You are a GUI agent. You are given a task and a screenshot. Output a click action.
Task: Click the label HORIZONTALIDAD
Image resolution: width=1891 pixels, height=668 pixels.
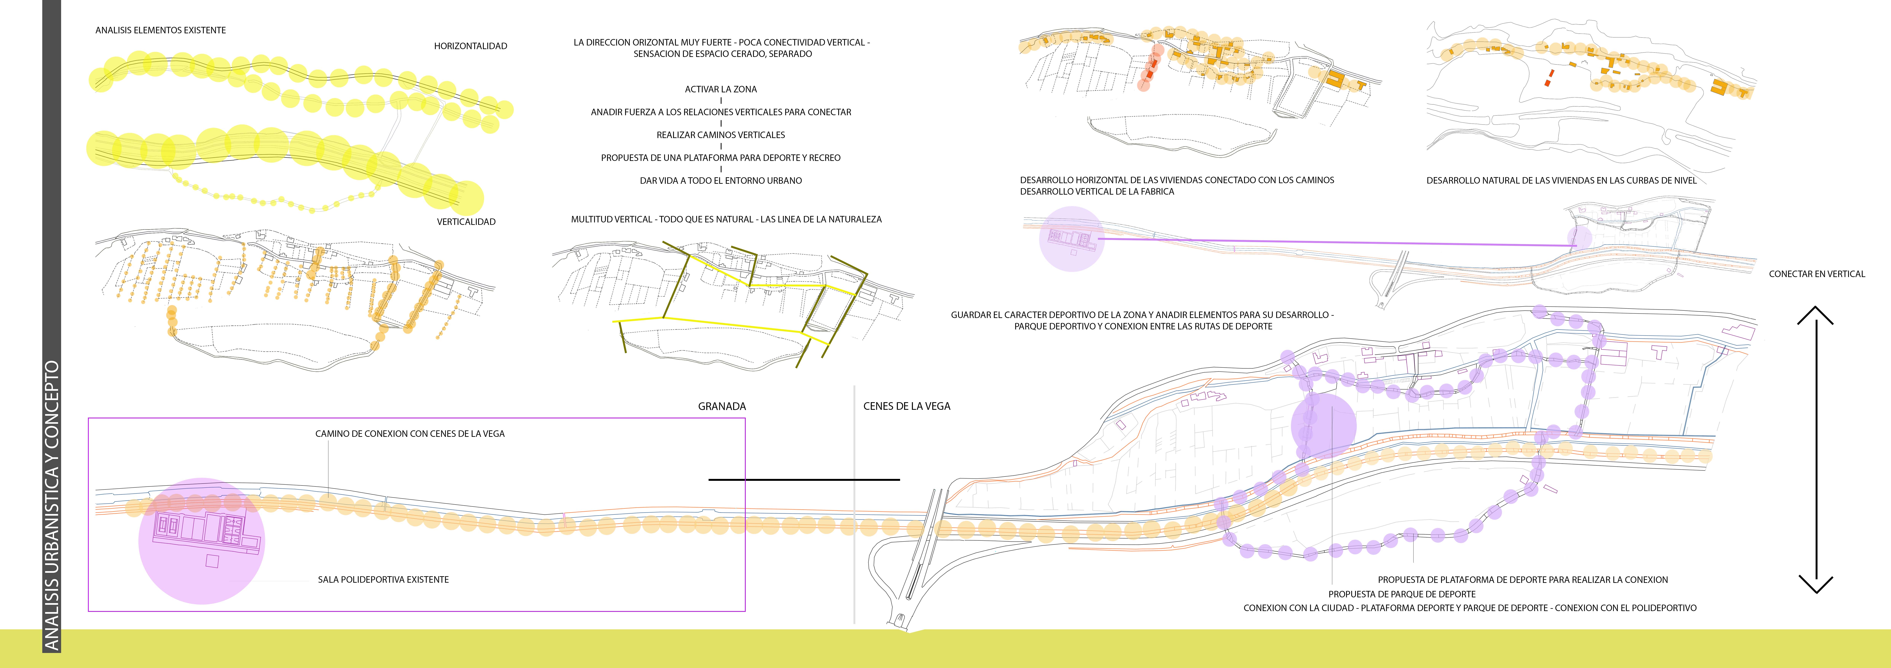click(x=471, y=46)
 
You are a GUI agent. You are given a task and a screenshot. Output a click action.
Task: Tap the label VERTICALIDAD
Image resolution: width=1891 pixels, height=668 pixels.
click(x=466, y=222)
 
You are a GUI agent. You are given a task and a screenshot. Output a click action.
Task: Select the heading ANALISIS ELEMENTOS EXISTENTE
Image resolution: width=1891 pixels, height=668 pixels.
click(x=161, y=30)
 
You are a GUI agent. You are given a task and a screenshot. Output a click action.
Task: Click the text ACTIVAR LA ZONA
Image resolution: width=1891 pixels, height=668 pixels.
click(x=721, y=89)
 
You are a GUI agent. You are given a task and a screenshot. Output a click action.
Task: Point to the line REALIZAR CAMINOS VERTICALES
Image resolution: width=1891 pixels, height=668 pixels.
click(x=721, y=135)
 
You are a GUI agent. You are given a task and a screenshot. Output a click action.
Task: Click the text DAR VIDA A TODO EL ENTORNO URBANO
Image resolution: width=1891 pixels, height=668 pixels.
click(x=721, y=181)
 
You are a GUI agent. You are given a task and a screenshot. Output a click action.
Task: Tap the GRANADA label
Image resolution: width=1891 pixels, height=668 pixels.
click(x=722, y=406)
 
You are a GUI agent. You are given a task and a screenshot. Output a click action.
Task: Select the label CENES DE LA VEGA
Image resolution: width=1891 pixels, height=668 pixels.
click(x=907, y=406)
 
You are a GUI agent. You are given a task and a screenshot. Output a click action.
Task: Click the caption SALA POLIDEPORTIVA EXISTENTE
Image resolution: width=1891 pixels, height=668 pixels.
click(x=383, y=580)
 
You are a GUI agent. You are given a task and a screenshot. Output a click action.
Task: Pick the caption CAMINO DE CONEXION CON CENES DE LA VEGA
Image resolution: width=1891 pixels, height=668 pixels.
click(x=410, y=434)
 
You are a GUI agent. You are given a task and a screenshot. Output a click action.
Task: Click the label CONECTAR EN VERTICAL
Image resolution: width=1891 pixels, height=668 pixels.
click(x=1817, y=274)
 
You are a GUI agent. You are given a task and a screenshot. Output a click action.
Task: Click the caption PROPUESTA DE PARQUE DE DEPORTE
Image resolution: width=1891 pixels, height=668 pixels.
click(x=1402, y=595)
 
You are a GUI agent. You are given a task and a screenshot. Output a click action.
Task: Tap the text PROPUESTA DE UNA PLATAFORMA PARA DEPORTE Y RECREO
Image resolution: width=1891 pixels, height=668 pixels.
click(x=721, y=158)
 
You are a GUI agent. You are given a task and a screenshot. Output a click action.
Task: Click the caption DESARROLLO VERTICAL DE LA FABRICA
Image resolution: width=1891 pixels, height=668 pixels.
click(x=1097, y=192)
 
